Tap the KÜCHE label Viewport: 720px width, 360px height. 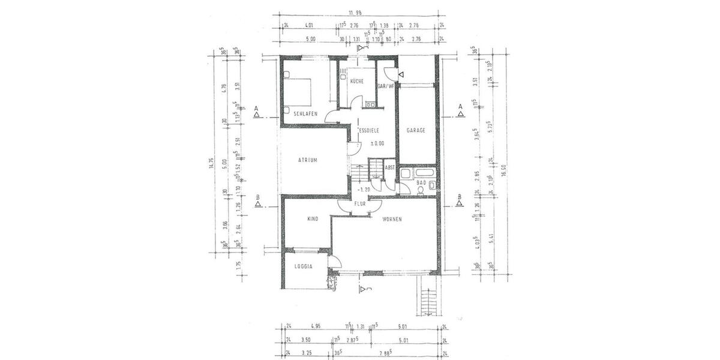point(356,82)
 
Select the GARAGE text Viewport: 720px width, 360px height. point(416,130)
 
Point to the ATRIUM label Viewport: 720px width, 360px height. point(308,160)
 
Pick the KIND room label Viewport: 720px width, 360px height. point(312,220)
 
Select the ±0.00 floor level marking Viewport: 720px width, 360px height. point(377,143)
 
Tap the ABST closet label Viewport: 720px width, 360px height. point(389,168)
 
